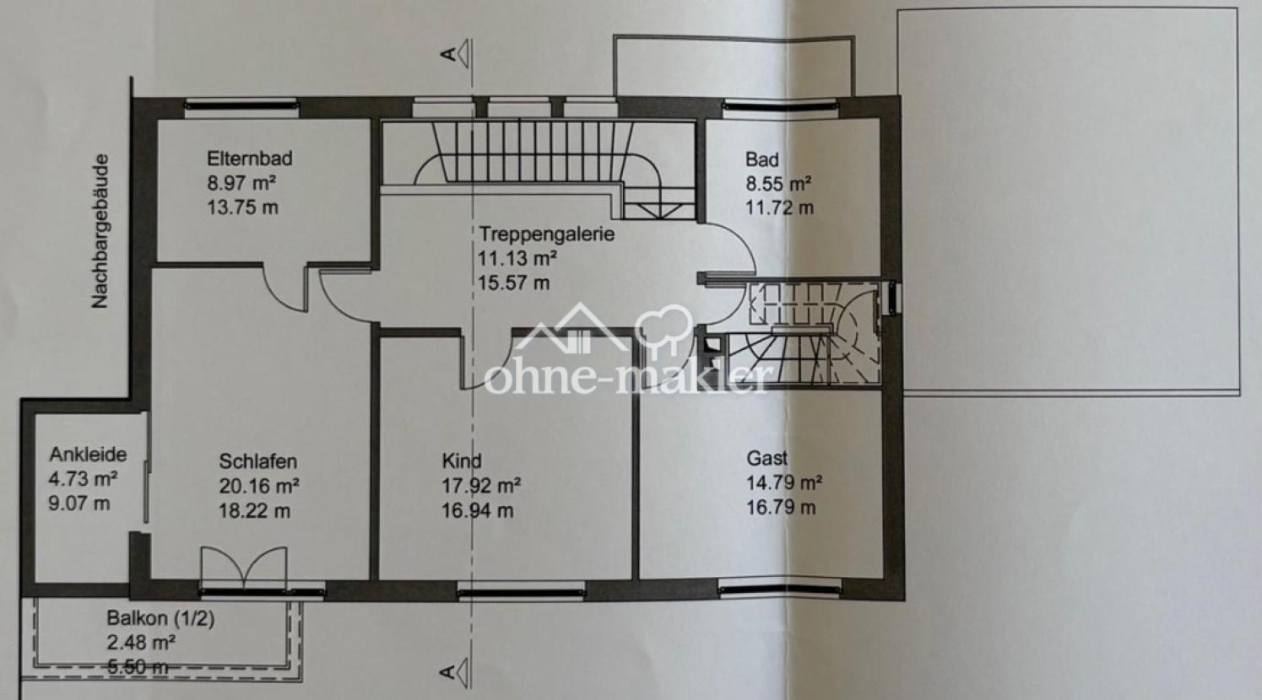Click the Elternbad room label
point(250,159)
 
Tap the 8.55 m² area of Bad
point(778,184)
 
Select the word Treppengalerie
point(546,234)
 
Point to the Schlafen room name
point(258,461)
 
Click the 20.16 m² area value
point(259,486)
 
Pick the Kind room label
point(462,460)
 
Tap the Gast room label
point(766,458)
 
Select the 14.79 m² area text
point(784,482)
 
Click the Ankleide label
point(88,454)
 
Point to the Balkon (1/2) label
point(160,618)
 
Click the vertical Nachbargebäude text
point(100,231)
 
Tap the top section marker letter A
point(448,54)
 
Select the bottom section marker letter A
point(447,672)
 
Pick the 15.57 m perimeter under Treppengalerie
point(514,283)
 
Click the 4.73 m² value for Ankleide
point(83,479)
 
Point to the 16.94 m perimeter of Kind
point(477,511)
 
